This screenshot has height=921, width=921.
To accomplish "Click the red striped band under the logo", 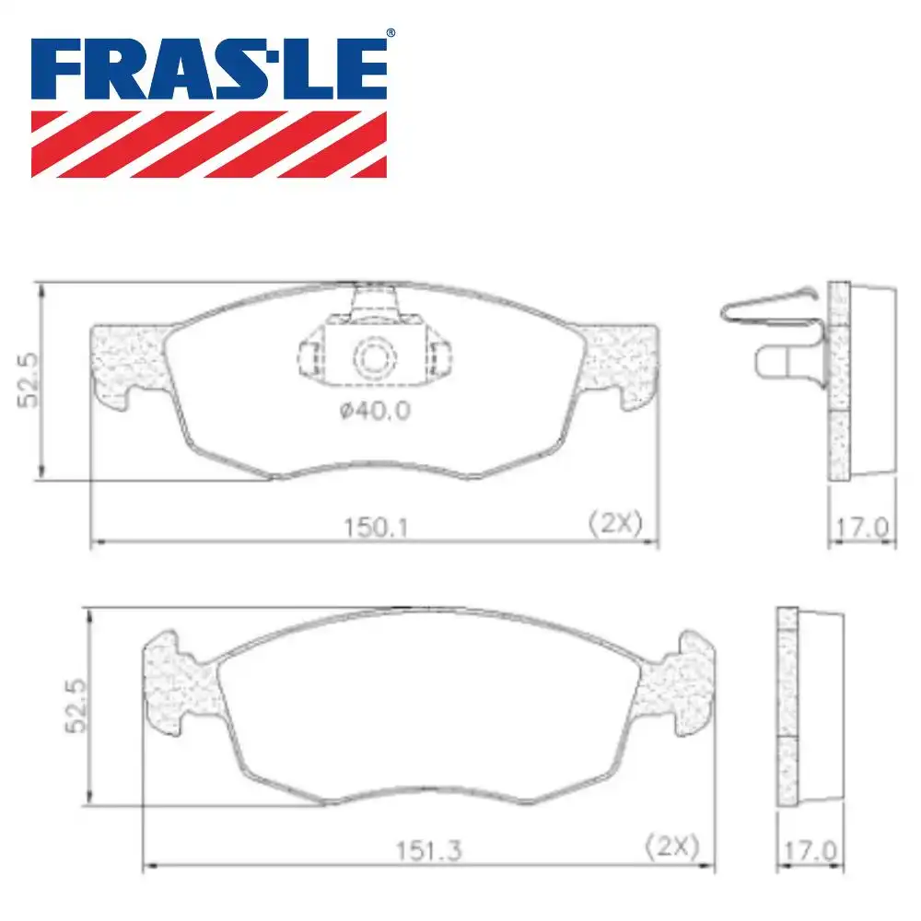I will click(209, 144).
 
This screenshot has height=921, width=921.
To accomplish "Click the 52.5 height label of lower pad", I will click(77, 706).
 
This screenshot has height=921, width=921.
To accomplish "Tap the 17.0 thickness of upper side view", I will click(862, 528).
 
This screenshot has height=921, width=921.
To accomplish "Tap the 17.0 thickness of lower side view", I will click(810, 850).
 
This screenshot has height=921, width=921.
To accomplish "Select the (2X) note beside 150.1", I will click(614, 524).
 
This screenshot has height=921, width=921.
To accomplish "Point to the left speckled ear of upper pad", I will click(129, 364).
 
